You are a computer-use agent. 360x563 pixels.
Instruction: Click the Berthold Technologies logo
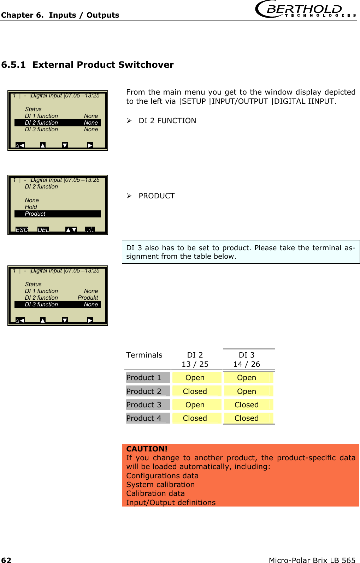coord(305,9)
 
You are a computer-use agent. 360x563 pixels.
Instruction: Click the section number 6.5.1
coord(13,65)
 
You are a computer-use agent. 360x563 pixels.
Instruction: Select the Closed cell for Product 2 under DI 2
coord(195,391)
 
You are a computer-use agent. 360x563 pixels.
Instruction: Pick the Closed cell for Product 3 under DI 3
coord(247,405)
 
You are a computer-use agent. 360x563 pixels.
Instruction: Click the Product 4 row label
coord(144,418)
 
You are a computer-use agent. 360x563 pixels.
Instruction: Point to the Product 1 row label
coord(144,378)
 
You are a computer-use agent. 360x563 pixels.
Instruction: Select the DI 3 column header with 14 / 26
coord(247,360)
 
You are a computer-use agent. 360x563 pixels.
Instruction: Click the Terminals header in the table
coord(144,355)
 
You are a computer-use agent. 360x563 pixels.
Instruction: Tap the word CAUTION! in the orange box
coord(147,449)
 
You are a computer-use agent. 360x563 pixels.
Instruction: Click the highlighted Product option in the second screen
coord(58,214)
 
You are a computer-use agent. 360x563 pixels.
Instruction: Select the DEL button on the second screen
coord(43,230)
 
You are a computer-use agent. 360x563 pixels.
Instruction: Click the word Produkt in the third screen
coord(88,298)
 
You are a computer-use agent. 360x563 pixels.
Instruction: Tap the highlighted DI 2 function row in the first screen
coord(58,123)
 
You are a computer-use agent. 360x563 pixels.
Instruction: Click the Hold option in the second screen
coord(31,207)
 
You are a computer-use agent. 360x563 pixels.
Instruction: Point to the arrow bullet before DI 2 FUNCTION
coord(129,121)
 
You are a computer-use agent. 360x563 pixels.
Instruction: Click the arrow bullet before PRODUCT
coord(129,196)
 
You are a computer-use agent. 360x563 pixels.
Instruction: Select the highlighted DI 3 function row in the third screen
coord(58,305)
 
